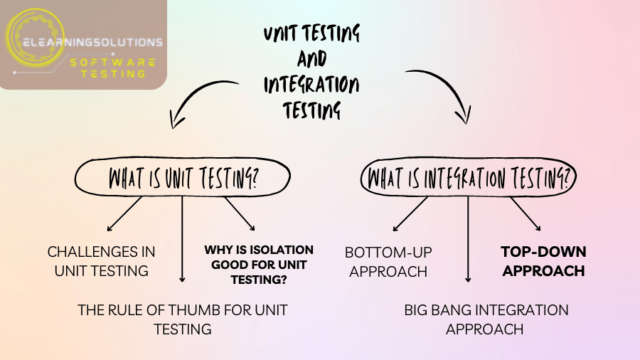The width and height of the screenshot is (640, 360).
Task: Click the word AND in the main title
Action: tap(311, 59)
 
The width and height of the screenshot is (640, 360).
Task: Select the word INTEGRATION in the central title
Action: tap(311, 85)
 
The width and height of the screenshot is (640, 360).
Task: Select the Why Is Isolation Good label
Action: tap(259, 265)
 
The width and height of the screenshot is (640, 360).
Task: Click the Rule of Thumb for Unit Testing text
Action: tap(183, 319)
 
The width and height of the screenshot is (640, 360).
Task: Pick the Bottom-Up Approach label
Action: tap(388, 261)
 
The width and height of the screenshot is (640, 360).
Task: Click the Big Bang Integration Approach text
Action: tap(486, 319)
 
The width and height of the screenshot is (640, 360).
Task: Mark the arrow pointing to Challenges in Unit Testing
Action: tap(126, 214)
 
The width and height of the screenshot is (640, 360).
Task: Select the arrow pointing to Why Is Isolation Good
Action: tap(240, 213)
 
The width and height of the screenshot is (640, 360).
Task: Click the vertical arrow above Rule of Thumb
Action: tap(183, 238)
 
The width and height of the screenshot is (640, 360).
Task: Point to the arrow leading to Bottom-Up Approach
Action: tap(410, 214)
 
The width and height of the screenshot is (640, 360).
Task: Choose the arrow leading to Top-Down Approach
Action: tap(526, 213)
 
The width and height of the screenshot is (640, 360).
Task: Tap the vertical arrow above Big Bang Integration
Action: tap(468, 238)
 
